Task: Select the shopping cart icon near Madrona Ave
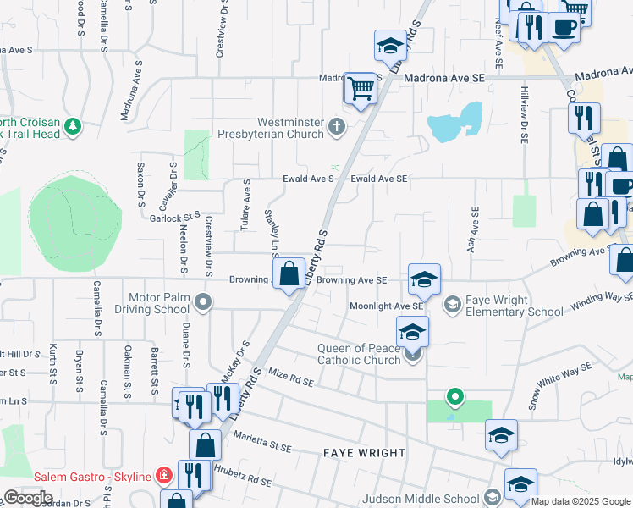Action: pos(361,88)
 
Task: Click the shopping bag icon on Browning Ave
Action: pos(289,274)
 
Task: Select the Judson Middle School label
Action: pos(421,499)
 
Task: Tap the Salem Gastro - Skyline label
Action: pos(93,476)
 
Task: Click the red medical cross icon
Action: pos(164,476)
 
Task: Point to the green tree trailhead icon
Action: pos(74,127)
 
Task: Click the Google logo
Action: pos(28,498)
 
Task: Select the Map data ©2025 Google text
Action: pos(581,502)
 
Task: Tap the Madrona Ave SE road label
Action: pos(444,78)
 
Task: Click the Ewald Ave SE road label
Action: pos(379,179)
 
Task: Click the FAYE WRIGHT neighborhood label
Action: pos(365,453)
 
